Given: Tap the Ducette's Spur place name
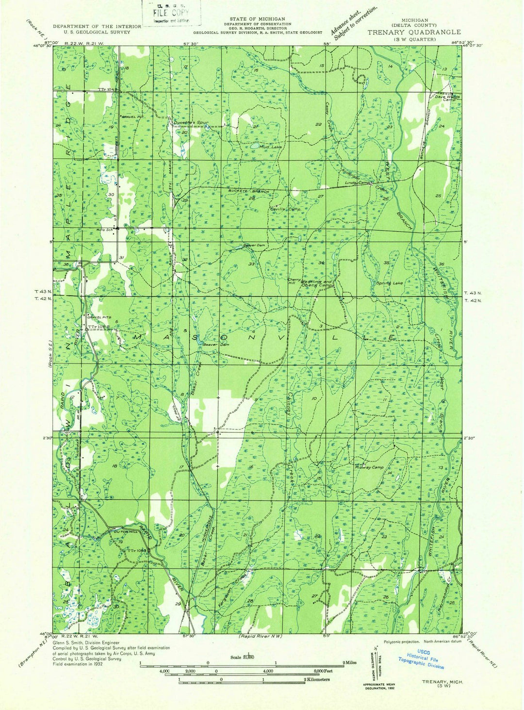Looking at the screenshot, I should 191,123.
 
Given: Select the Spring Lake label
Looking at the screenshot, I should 389,283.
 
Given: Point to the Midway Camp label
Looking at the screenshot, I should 371,467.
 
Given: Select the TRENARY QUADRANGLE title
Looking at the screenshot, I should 408,32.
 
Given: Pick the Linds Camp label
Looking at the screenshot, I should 358,183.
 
